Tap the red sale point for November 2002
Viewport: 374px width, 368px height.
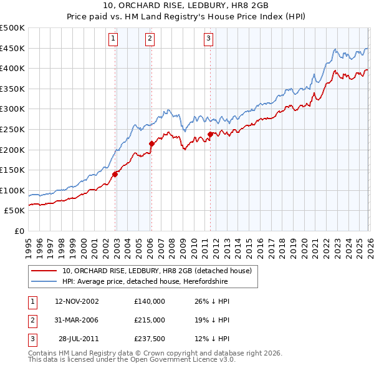tap(115, 175)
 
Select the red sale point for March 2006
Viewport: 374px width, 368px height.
tap(151, 144)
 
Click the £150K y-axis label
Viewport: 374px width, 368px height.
tap(12, 170)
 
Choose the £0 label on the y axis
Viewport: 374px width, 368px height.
tap(19, 231)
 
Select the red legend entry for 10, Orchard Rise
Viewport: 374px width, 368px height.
tap(156, 271)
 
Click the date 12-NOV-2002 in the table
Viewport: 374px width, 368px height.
tap(77, 301)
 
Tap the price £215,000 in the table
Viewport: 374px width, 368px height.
tap(150, 319)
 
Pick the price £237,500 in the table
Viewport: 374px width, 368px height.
tap(150, 338)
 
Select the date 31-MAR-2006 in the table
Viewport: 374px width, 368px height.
tap(77, 319)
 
